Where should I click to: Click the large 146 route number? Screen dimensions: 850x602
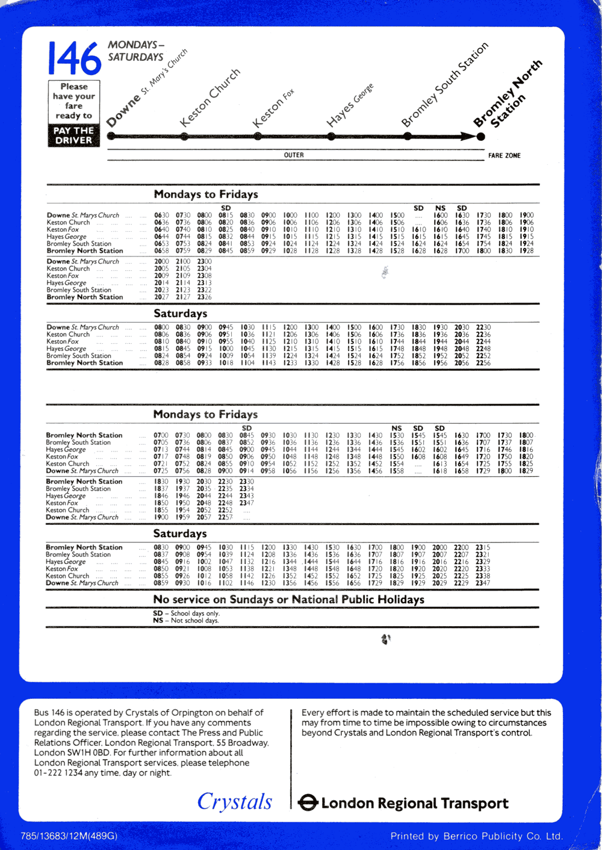click(75, 59)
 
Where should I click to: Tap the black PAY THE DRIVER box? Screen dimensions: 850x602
click(73, 135)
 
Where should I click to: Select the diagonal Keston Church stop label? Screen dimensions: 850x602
click(209, 98)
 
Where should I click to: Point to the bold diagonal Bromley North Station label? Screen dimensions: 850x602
click(507, 95)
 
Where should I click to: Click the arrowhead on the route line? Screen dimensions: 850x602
click(468, 137)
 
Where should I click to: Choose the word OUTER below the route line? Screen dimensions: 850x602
click(294, 155)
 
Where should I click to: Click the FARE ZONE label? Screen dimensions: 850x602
click(504, 155)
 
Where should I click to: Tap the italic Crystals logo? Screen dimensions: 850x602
click(235, 801)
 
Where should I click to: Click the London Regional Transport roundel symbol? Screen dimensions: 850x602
click(308, 802)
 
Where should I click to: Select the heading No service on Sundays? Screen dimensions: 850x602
click(289, 600)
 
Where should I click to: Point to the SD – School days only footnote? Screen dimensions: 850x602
click(186, 613)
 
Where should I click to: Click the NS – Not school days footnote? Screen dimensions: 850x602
click(186, 621)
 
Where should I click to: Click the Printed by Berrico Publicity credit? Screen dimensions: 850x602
click(476, 836)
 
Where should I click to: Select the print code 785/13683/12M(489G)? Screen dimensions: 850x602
click(69, 836)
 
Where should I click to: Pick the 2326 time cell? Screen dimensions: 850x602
click(205, 297)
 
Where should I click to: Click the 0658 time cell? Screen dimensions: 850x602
click(161, 251)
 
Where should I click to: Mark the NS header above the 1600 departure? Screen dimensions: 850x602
click(441, 208)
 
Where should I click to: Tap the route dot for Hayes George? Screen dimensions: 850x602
click(332, 137)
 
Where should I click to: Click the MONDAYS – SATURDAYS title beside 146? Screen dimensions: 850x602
click(136, 51)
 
